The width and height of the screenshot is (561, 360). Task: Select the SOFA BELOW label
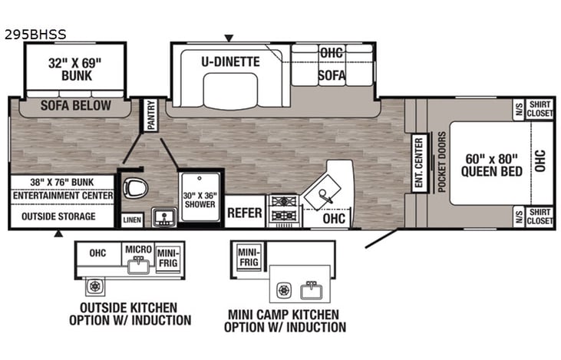75,106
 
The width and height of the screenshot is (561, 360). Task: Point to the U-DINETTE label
231,61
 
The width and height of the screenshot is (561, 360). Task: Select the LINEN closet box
132,220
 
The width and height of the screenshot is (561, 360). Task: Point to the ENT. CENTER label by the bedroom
418,162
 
